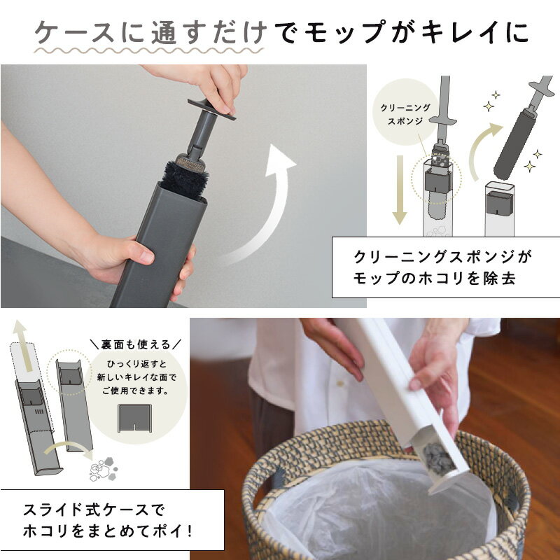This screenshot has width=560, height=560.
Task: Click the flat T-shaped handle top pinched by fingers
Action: pos(211,109)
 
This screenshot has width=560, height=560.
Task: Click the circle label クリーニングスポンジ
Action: pos(405,113)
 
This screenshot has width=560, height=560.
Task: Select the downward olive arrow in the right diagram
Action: pos(399,190)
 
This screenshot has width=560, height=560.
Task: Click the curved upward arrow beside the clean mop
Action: pos(483,150)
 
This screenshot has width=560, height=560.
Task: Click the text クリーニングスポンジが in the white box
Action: pos(443,256)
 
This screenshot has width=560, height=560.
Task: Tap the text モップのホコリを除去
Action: pos(435,279)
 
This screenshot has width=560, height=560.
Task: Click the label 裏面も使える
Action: pos(136,344)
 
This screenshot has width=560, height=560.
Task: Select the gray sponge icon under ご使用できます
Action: pos(134,418)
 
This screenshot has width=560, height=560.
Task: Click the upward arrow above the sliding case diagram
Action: pos(22,345)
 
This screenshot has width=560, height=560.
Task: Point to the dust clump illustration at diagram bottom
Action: pos(103,468)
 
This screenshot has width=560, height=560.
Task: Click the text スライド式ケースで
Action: pos(94,510)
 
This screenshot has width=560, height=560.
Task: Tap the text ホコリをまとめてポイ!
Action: pos(108,531)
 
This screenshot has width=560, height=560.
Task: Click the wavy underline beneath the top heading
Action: pos(148,50)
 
